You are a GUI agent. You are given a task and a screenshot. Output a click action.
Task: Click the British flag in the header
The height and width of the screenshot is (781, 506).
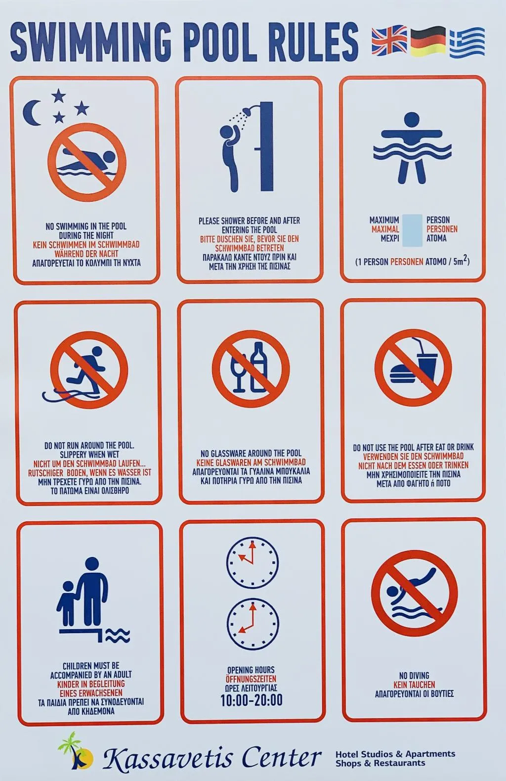click(389, 41)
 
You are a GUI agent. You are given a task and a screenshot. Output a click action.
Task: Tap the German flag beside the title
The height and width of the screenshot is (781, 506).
click(428, 41)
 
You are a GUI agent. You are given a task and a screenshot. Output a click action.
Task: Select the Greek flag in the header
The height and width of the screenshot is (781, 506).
click(467, 43)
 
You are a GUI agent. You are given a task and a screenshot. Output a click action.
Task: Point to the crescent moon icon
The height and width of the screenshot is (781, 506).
click(31, 113)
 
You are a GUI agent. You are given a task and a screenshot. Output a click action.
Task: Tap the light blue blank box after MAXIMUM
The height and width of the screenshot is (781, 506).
click(412, 230)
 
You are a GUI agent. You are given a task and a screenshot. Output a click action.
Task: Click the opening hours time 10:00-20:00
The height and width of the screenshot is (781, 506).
click(252, 700)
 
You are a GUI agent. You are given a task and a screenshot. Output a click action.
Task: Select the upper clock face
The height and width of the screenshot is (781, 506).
click(253, 563)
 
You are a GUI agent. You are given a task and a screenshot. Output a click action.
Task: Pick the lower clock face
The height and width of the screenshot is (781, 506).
click(253, 625)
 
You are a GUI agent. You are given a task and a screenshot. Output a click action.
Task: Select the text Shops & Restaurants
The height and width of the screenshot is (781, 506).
click(380, 763)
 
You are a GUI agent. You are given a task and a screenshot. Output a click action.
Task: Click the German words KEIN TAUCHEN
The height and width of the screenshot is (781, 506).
click(414, 685)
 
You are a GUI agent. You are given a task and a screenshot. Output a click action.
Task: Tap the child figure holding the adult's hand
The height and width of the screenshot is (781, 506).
click(67, 603)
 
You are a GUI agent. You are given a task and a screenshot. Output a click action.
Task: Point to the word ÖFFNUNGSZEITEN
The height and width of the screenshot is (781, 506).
click(251, 679)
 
